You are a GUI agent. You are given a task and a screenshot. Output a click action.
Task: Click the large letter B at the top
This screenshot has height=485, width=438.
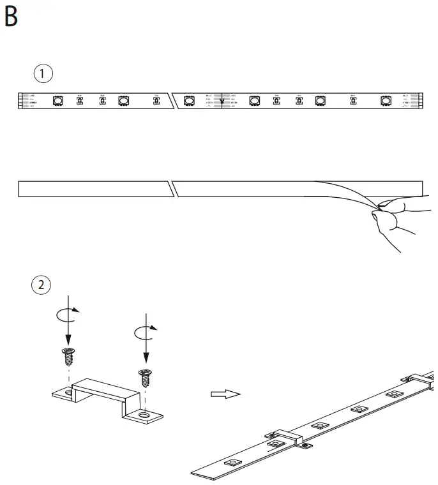pyautogui.click(x=11, y=17)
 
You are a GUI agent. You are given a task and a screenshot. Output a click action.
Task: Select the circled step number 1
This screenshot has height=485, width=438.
pyautogui.click(x=43, y=73)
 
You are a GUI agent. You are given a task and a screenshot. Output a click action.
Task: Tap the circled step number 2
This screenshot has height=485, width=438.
pyautogui.click(x=43, y=285)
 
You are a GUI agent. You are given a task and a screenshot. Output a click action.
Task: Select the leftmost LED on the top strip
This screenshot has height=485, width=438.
pyautogui.click(x=57, y=100)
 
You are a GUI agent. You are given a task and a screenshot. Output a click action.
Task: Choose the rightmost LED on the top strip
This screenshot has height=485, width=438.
pyautogui.click(x=386, y=100)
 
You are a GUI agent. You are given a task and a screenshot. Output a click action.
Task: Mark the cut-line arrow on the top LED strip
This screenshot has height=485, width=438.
pyautogui.click(x=222, y=100)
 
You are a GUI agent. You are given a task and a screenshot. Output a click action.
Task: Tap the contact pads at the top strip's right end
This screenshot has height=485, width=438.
pyautogui.click(x=415, y=100)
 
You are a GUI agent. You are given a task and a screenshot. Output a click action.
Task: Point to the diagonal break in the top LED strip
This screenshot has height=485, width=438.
pyautogui.click(x=170, y=100)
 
